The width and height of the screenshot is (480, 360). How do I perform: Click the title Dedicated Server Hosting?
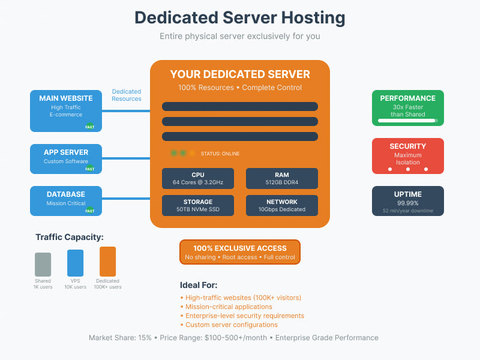coord(239,17)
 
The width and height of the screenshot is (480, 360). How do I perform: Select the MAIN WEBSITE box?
coord(66,110)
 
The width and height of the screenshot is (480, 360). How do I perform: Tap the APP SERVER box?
coord(66,158)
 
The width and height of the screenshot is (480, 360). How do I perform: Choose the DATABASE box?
coord(66,200)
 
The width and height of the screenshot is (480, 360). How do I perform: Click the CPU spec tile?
coord(198,178)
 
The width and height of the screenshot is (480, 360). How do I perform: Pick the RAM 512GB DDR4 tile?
coord(282,178)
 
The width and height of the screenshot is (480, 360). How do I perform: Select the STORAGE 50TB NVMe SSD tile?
coord(198,205)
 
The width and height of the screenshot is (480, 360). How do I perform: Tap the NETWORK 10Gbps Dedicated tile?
coord(282,205)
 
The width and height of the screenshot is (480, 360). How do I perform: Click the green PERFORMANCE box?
coord(407,107)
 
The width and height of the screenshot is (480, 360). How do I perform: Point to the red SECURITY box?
coord(407,155)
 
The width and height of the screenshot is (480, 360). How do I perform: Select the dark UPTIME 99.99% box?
coord(407,200)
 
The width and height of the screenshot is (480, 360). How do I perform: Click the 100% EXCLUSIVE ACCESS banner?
coord(239,252)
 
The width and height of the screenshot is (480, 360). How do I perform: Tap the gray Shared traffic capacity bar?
coord(43,264)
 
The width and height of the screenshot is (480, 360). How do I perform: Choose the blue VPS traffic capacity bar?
coord(75,263)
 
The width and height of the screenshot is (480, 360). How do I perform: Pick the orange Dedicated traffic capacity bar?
coord(107,261)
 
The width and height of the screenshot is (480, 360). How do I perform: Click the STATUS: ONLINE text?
coord(220,154)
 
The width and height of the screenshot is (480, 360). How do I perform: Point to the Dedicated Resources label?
coord(126,95)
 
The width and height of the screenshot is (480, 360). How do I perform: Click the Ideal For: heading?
coord(199,285)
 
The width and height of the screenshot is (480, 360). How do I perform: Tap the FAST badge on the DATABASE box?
coord(89,211)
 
